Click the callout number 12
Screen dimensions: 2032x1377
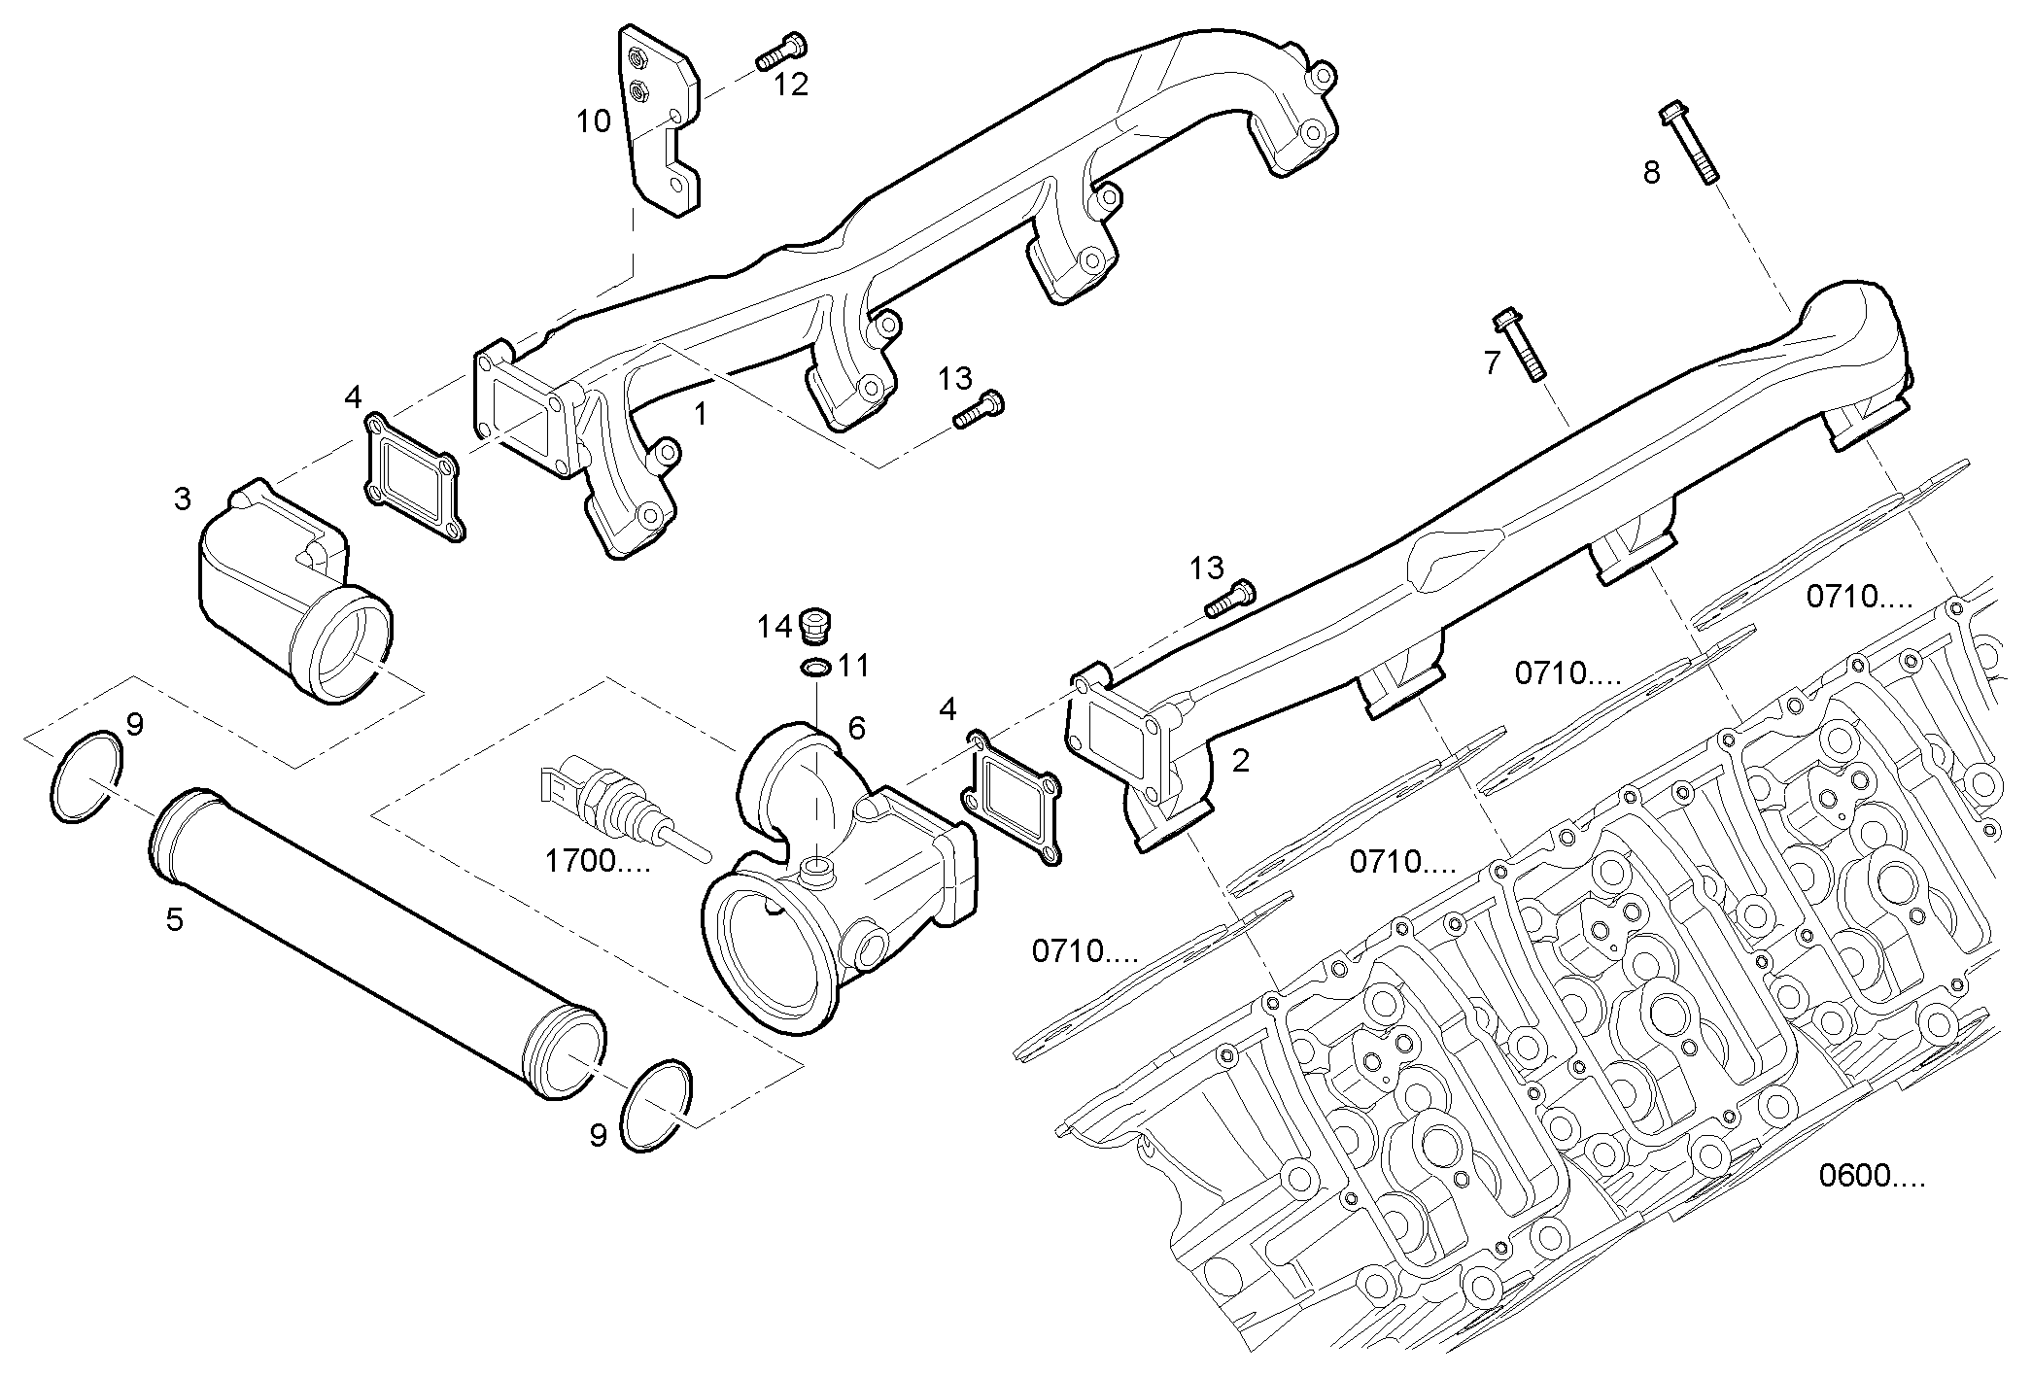(791, 85)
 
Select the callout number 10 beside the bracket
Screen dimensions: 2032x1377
(593, 121)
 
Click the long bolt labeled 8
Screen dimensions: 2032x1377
(1688, 143)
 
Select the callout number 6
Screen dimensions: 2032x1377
(856, 728)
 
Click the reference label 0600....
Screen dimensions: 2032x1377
(1871, 1176)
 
